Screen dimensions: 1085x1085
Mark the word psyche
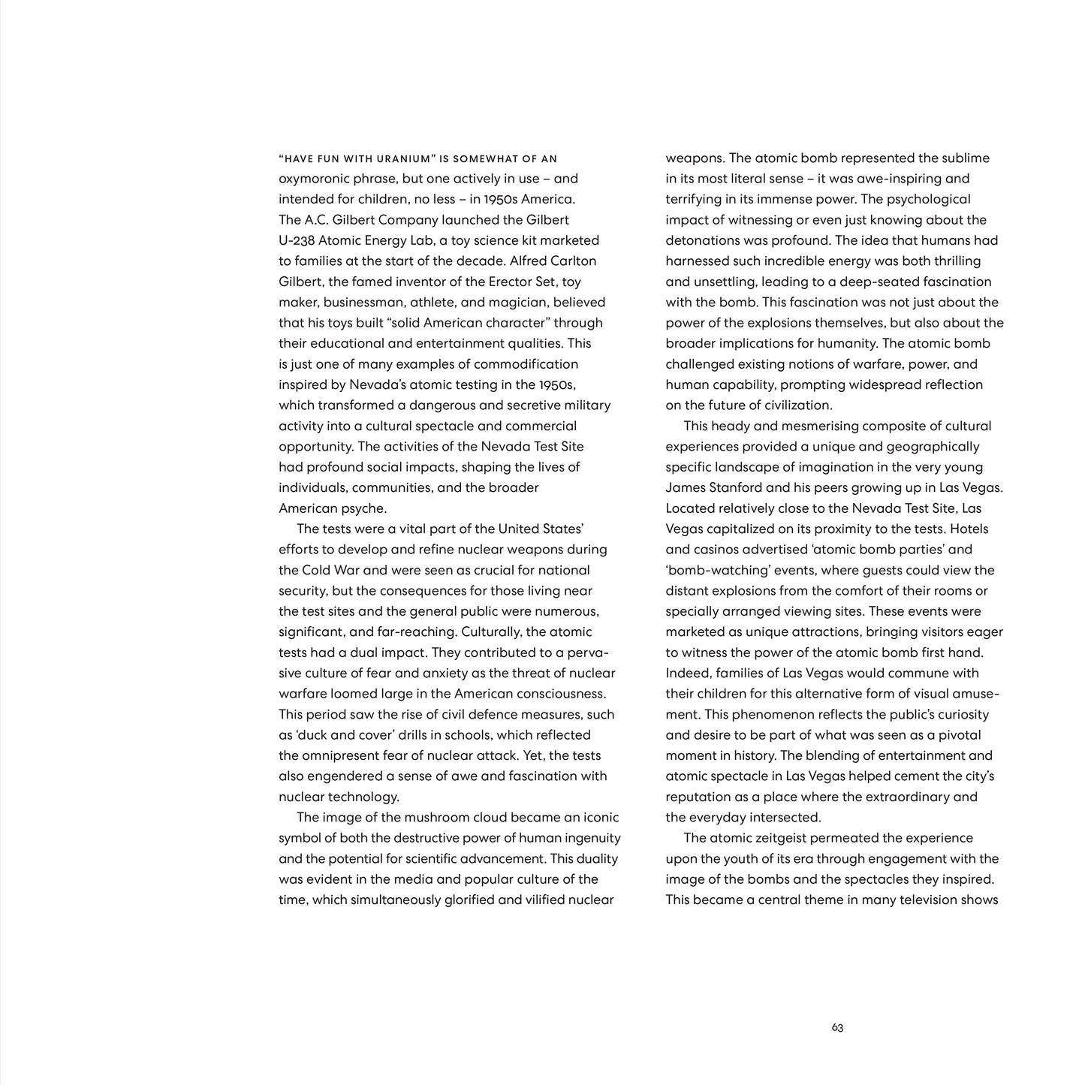coord(363,508)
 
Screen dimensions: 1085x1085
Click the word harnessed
coord(695,261)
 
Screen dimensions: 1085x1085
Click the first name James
coord(685,488)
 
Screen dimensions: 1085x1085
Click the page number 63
coord(837,1028)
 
